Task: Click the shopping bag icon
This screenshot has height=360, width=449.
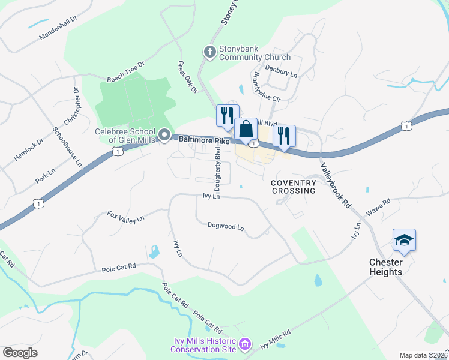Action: pos(246,128)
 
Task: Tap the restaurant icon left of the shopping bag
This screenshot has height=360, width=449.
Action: pos(228,115)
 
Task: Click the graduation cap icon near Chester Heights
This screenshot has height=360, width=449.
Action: pos(404,241)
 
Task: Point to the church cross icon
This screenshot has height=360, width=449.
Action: pos(210,52)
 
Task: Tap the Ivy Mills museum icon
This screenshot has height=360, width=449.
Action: pos(244,345)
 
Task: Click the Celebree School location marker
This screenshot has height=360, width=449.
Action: pos(164,135)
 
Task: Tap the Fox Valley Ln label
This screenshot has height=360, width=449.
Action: pos(126,216)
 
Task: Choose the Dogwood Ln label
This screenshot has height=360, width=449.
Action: pos(226,227)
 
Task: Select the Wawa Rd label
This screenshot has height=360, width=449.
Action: pos(378,207)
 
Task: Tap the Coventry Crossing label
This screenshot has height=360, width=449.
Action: pos(293,187)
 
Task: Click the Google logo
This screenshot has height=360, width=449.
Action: pos(20,352)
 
